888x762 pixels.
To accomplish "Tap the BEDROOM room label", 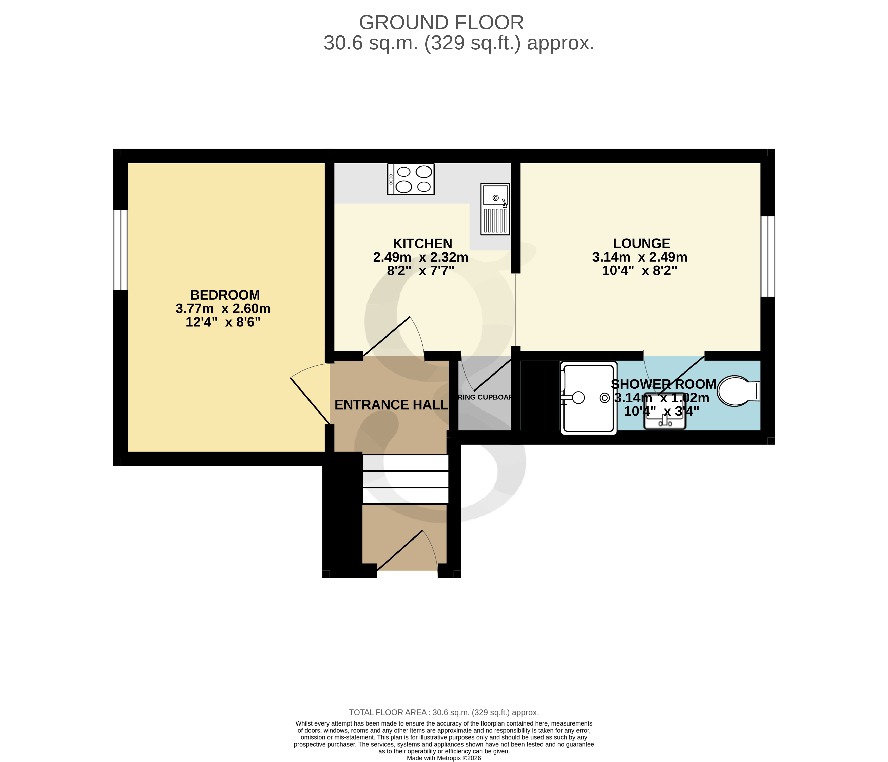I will click(x=225, y=295).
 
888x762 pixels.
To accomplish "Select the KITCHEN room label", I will click(x=422, y=244).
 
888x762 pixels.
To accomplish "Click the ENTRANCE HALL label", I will click(x=391, y=405).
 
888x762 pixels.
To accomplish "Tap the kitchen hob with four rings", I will click(x=411, y=179).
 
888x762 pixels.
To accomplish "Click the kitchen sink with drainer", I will click(x=495, y=209).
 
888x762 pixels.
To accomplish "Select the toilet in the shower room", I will click(x=737, y=391).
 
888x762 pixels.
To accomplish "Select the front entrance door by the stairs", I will click(x=399, y=551).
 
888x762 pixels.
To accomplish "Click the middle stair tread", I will click(x=406, y=479).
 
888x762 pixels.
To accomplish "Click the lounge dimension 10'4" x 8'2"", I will click(x=640, y=271).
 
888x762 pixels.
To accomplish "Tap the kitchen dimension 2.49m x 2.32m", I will click(x=420, y=257).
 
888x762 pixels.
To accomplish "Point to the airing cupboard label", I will click(x=485, y=397).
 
